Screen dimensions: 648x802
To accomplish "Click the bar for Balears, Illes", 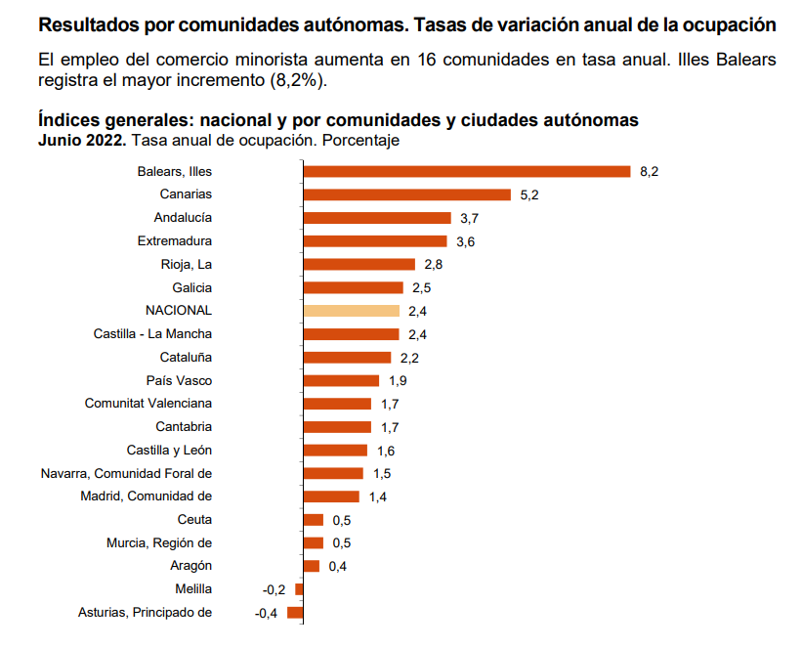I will tap(467, 171).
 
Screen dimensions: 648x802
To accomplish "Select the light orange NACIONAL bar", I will tap(352, 311).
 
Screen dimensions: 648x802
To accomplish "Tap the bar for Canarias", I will tap(407, 194).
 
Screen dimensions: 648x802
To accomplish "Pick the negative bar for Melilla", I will tap(299, 589).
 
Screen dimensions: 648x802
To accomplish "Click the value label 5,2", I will tap(529, 194).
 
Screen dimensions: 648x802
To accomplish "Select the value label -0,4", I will tap(266, 613).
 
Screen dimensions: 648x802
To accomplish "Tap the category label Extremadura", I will tap(175, 240).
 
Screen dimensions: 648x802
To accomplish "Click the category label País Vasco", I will tap(179, 380).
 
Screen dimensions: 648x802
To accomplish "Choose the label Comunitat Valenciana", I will tap(148, 404).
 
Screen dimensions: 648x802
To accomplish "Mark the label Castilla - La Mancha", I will tap(152, 334).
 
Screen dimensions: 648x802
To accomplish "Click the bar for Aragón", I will tap(312, 566).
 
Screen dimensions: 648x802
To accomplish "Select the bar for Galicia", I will tap(354, 287).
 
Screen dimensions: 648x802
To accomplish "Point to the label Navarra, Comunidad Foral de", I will tap(126, 473).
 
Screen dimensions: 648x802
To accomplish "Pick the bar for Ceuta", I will tap(314, 520).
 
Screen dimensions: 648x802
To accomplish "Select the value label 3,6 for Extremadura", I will tap(465, 241).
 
